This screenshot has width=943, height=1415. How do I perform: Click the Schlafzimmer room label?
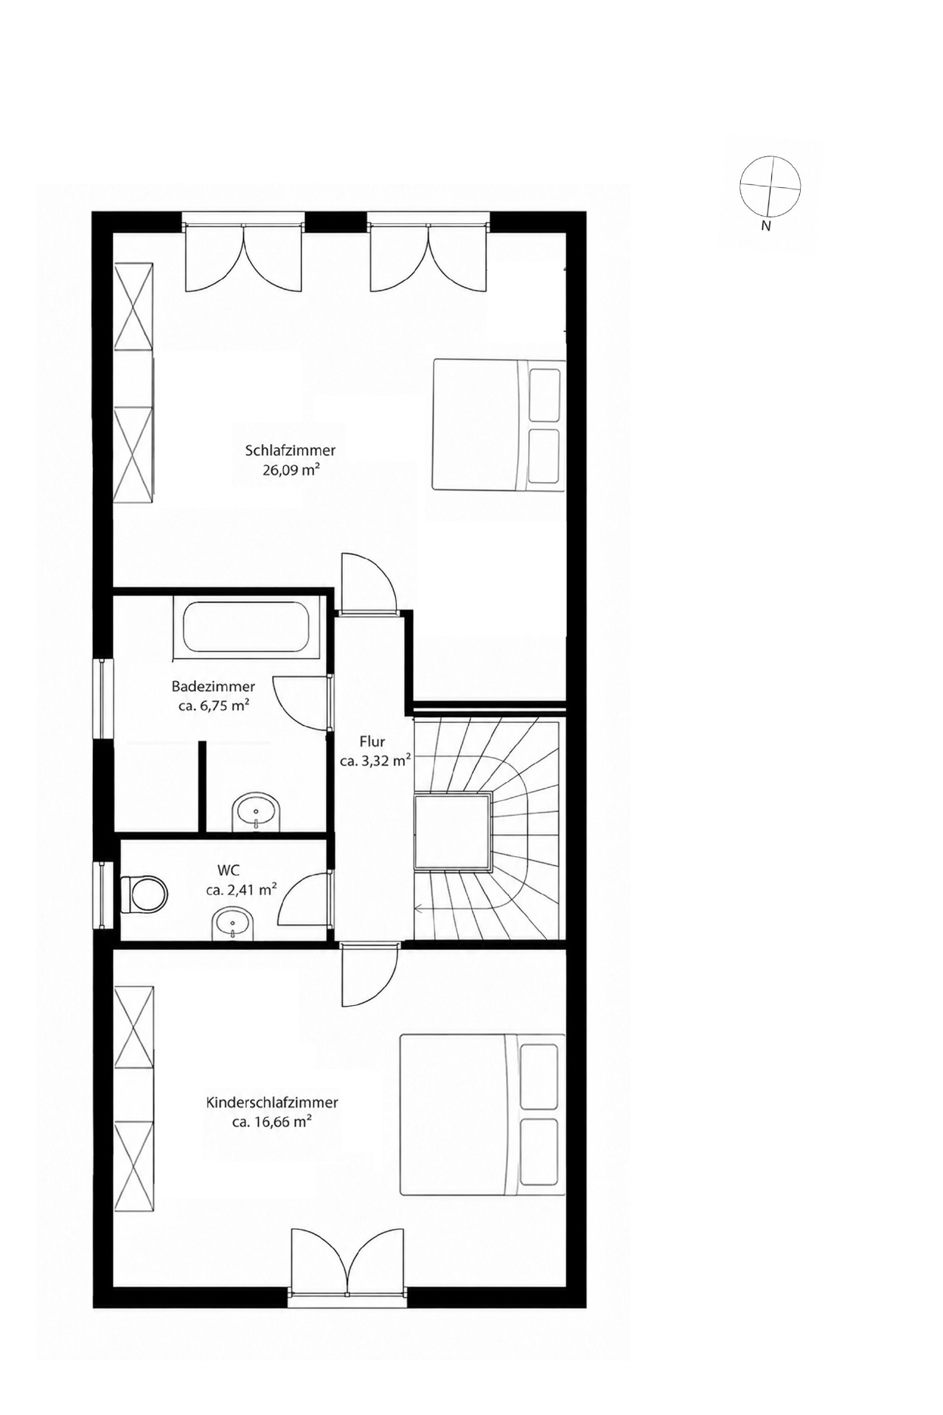pyautogui.click(x=290, y=450)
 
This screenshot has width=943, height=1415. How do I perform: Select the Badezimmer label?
pyautogui.click(x=213, y=686)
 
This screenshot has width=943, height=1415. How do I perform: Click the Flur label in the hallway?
pyautogui.click(x=372, y=742)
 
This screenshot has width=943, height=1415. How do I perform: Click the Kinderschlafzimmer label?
pyautogui.click(x=272, y=1103)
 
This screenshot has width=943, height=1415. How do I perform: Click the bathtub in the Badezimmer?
pyautogui.click(x=246, y=628)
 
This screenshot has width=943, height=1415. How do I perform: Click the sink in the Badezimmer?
pyautogui.click(x=256, y=813)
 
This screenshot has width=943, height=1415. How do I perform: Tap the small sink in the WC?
pyautogui.click(x=234, y=925)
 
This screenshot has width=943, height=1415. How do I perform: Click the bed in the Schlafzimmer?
pyautogui.click(x=498, y=424)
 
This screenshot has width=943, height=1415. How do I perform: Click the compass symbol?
pyautogui.click(x=770, y=186)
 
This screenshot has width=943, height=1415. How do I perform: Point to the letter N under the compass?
pyautogui.click(x=766, y=226)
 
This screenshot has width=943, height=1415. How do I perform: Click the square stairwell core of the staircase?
pyautogui.click(x=452, y=832)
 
